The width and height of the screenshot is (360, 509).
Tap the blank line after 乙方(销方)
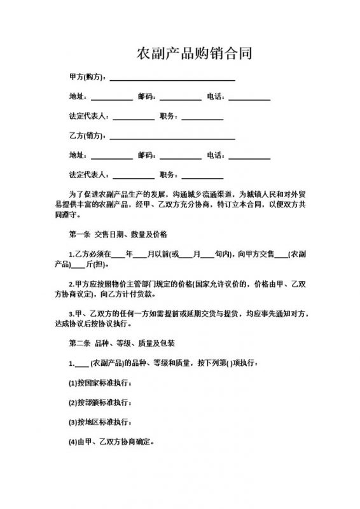tap(172, 138)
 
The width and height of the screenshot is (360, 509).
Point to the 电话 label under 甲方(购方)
tap(215, 97)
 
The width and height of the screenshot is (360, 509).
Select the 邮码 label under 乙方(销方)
tap(146, 155)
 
